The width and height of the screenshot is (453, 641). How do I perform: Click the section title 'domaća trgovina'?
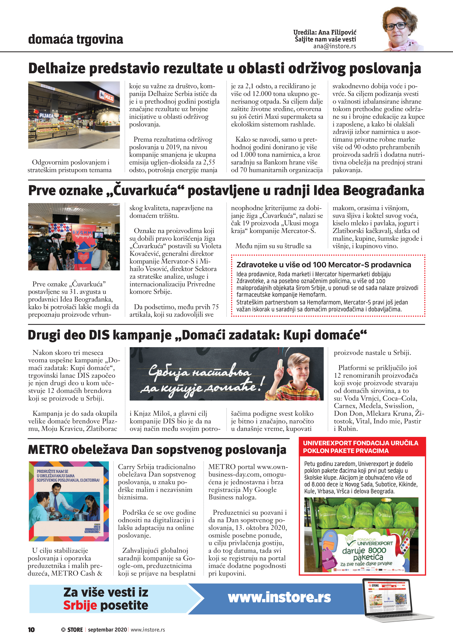click(75, 39)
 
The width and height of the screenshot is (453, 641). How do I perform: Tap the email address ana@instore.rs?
click(334, 46)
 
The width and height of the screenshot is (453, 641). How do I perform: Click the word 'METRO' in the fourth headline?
click(48, 450)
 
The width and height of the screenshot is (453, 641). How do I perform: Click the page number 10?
click(31, 629)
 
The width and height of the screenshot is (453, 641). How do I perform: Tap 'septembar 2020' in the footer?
click(107, 629)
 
